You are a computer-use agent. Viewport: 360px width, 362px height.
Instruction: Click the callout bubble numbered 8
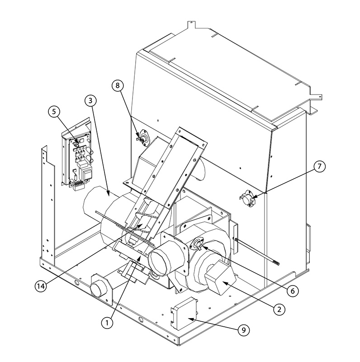118,86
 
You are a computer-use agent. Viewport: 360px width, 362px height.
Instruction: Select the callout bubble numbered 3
90,100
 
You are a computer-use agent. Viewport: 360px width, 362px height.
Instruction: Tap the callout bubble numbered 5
54,112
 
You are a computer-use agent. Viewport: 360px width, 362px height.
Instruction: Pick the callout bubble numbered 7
319,167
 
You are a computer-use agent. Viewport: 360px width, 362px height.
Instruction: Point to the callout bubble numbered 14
41,286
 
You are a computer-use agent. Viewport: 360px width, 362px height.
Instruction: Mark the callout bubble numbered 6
293,291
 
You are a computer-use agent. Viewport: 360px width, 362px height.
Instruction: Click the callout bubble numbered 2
279,309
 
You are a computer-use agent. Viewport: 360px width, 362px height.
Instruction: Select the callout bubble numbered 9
244,330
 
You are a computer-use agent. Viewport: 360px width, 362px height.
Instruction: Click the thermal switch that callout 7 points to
248,198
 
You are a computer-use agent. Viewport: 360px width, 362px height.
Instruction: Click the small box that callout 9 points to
185,314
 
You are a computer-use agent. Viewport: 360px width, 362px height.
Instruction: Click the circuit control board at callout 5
78,162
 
